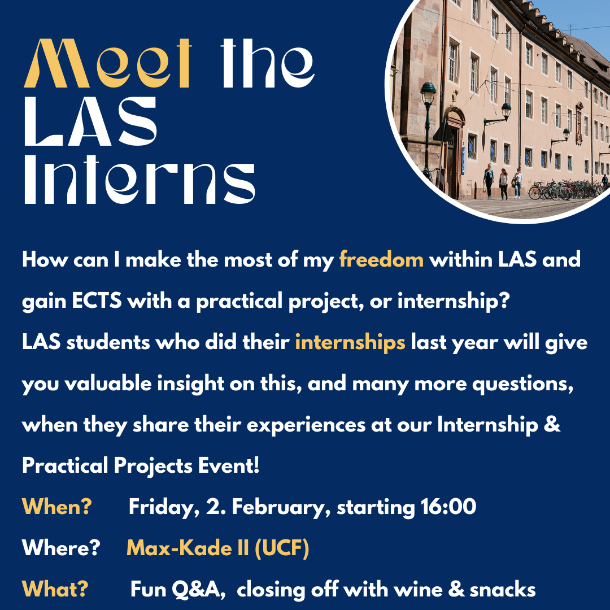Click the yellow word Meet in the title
click(108, 63)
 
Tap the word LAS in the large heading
click(90, 121)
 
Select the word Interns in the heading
click(140, 179)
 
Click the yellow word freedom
click(381, 259)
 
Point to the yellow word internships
click(350, 343)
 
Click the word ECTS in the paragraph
click(97, 301)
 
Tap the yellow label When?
click(57, 507)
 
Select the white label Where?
click(61, 548)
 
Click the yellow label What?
click(55, 589)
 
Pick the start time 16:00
click(448, 507)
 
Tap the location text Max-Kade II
click(188, 548)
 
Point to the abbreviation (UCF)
click(282, 548)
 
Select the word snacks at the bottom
click(503, 589)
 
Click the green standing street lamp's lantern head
click(428, 93)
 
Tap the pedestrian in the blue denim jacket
click(489, 181)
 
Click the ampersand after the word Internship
click(552, 424)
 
